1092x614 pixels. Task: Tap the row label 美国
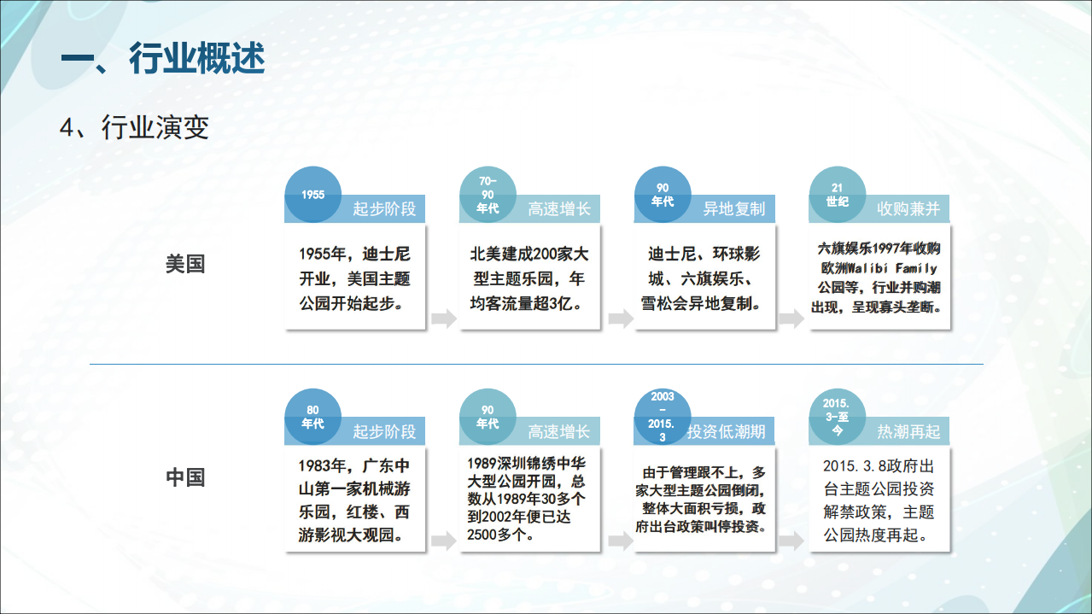pyautogui.click(x=185, y=264)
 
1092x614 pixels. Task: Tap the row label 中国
pyautogui.click(x=185, y=477)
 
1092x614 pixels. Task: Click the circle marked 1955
pyautogui.click(x=313, y=195)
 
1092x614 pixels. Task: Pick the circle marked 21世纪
pyautogui.click(x=838, y=195)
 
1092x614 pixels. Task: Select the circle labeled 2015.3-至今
pyautogui.click(x=838, y=416)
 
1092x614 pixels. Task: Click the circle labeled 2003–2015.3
pyautogui.click(x=663, y=416)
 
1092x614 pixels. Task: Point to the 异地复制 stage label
pyautogui.click(x=733, y=209)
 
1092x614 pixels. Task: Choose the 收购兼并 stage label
pyautogui.click(x=908, y=209)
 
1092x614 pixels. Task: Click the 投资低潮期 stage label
pyautogui.click(x=726, y=431)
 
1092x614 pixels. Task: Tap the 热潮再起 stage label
pyautogui.click(x=908, y=431)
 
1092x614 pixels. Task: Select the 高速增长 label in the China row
pyautogui.click(x=558, y=431)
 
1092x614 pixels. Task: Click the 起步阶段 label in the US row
pyautogui.click(x=384, y=209)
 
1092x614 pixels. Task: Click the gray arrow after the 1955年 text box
pyautogui.click(x=443, y=319)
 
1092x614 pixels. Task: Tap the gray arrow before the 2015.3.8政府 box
pyautogui.click(x=792, y=541)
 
